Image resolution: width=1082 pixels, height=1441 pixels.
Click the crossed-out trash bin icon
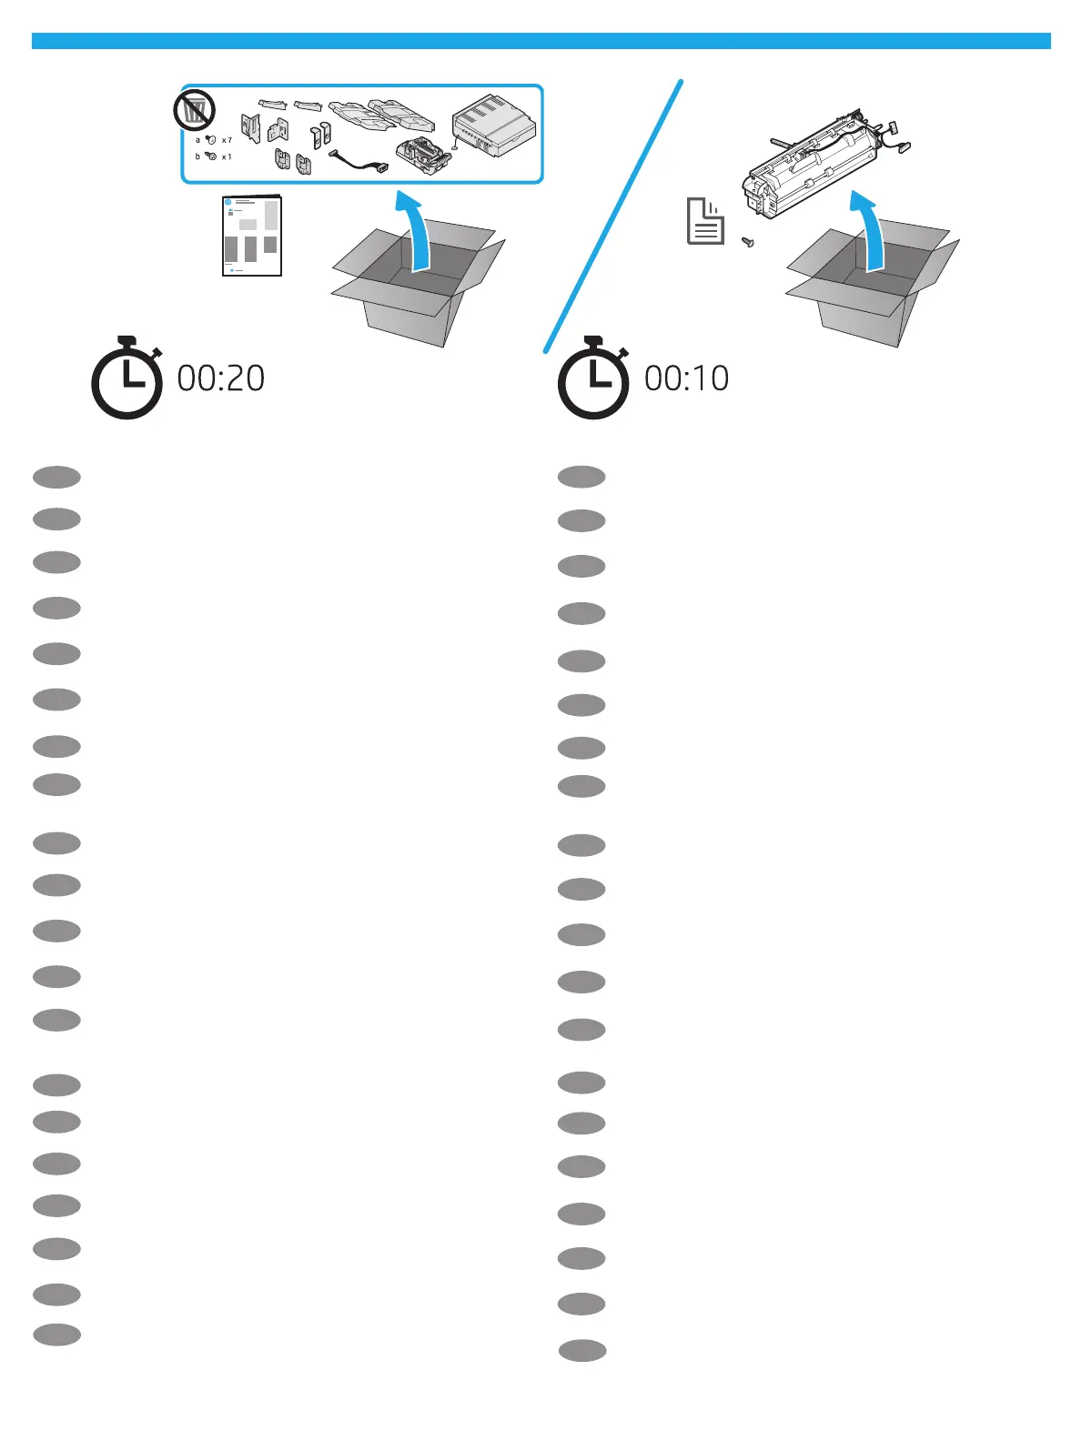pyautogui.click(x=194, y=110)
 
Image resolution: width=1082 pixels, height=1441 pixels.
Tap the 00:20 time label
pyautogui.click(x=221, y=378)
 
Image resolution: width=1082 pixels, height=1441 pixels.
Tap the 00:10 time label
pyautogui.click(x=687, y=378)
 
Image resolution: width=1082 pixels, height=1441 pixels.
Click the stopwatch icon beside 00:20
pyautogui.click(x=127, y=379)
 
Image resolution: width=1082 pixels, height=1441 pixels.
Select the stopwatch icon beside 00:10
pyautogui.click(x=593, y=379)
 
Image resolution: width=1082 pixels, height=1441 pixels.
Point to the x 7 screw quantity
pyautogui.click(x=228, y=140)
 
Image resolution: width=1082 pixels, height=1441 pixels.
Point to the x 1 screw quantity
pyautogui.click(x=228, y=156)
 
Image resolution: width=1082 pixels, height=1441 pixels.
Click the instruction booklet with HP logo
pyautogui.click(x=252, y=235)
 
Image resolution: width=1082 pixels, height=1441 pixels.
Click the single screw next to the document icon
pyautogui.click(x=748, y=243)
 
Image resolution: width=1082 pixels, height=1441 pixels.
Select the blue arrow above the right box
pyautogui.click(x=868, y=227)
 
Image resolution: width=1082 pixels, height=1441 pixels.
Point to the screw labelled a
pyautogui.click(x=210, y=140)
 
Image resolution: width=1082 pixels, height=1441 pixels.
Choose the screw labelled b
pyautogui.click(x=210, y=156)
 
